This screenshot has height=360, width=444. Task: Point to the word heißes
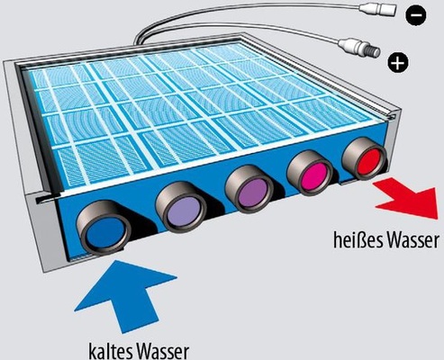click(x=356, y=240)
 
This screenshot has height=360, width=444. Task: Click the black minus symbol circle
click(x=416, y=15)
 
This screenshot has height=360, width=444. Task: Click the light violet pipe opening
click(x=184, y=212)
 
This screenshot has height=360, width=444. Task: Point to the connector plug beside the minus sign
click(x=379, y=12)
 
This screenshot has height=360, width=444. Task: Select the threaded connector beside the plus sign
click(x=359, y=48)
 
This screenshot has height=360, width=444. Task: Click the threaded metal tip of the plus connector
click(x=375, y=51)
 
